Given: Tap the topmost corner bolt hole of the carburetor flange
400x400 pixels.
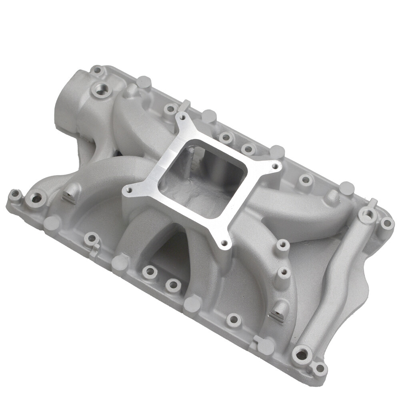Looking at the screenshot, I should tap(182, 117).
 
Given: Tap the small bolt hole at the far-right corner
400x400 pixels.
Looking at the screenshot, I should tap(386, 222).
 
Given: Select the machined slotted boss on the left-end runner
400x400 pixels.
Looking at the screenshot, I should tap(69, 195).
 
